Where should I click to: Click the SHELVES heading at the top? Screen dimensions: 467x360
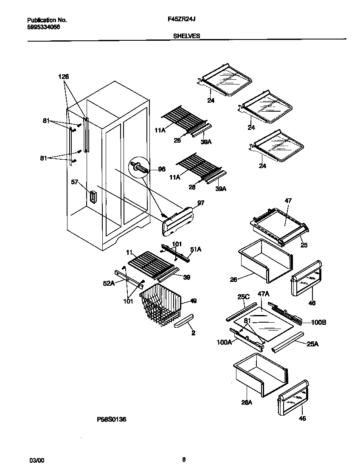[x=186, y=36]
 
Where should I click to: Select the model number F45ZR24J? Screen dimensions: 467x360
[x=182, y=20]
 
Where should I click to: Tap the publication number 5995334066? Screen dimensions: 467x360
[x=44, y=27]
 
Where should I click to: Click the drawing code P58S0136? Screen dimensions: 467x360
[x=112, y=419]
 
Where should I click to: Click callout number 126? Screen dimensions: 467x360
[x=64, y=76]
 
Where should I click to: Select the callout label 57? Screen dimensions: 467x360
[x=75, y=182]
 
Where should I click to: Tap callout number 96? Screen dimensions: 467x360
[x=161, y=169]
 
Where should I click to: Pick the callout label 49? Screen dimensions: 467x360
[x=193, y=301]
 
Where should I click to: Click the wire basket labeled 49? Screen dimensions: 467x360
[x=160, y=303]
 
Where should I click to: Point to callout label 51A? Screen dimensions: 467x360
[x=196, y=250]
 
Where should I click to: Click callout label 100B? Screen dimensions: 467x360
[x=318, y=323]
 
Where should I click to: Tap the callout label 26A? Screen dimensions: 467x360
[x=247, y=402]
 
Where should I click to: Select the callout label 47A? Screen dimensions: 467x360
[x=264, y=293]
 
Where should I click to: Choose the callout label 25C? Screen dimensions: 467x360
[x=243, y=296]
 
